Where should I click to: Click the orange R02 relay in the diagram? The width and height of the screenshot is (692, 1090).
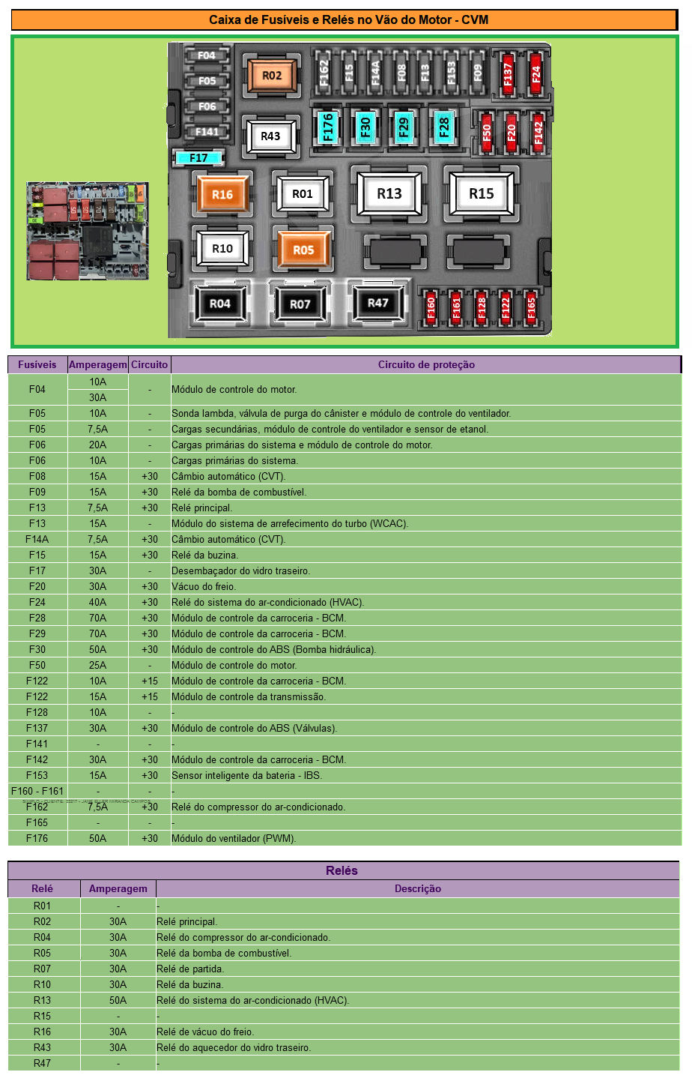click(x=271, y=76)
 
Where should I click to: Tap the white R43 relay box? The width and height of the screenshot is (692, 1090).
click(x=270, y=136)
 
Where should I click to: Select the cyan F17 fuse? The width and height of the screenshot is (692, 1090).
click(x=198, y=157)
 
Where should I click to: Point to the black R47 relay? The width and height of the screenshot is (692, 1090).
click(x=378, y=303)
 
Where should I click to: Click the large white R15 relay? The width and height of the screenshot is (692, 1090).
click(x=481, y=193)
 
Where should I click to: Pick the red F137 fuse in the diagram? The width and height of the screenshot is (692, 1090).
click(x=508, y=74)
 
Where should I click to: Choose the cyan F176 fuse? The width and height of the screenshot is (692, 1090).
click(x=328, y=127)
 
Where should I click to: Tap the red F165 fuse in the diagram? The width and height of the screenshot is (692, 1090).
click(x=531, y=307)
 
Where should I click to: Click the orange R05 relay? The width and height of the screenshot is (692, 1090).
click(x=303, y=250)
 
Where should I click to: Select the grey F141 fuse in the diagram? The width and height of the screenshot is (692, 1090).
click(x=207, y=132)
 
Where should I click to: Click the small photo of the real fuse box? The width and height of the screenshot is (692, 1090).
click(x=88, y=231)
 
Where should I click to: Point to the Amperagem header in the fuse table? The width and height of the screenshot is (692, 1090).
click(x=98, y=364)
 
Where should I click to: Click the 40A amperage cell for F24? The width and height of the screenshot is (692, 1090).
click(x=98, y=602)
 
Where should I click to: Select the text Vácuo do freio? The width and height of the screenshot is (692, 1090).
click(x=204, y=586)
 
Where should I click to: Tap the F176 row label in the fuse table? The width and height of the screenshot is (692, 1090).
click(x=37, y=838)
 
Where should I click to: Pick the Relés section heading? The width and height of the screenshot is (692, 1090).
click(x=342, y=870)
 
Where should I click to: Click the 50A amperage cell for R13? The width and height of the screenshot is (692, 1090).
click(x=118, y=1000)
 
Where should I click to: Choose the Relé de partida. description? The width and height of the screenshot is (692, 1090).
click(x=190, y=969)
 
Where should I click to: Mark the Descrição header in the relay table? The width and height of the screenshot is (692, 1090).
click(x=418, y=888)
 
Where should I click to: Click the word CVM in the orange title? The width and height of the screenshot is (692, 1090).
click(x=475, y=19)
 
